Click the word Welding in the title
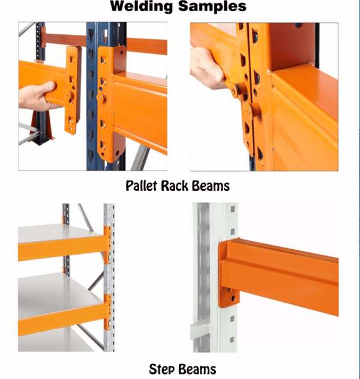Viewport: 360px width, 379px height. coord(141,6)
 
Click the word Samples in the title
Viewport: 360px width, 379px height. coord(212,7)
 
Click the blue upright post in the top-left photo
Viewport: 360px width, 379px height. coord(93,96)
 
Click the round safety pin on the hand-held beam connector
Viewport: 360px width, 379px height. coord(69,96)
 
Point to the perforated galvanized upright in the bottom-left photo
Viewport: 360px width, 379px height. coord(109,277)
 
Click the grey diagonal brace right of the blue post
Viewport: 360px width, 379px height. coord(140,159)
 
